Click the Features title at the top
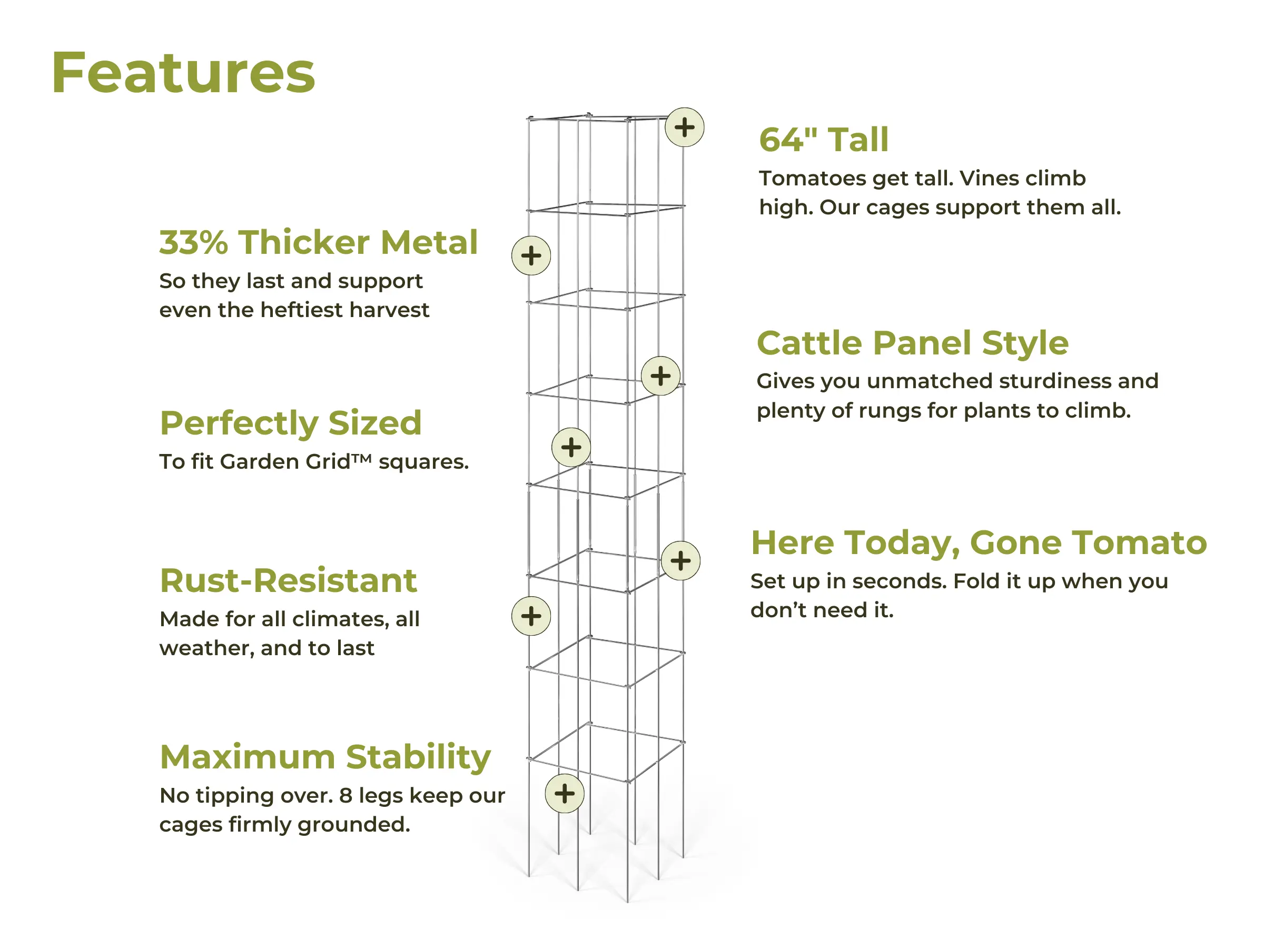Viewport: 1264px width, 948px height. tap(183, 73)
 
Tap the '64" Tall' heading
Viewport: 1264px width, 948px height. tap(823, 140)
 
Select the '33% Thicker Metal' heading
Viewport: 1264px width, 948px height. tap(318, 242)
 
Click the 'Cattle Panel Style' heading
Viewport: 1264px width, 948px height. tap(912, 343)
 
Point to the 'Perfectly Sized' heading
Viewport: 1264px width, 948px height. tap(290, 423)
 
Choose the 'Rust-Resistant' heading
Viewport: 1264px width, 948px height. tap(288, 580)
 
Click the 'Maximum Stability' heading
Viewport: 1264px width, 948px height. tap(325, 757)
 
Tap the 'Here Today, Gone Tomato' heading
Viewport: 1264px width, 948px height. tap(979, 542)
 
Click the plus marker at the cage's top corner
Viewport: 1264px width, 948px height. tap(684, 127)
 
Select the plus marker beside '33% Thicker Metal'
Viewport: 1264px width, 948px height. tap(531, 255)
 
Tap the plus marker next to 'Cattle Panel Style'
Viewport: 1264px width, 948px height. tap(660, 376)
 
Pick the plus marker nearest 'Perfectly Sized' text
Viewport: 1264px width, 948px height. tap(571, 447)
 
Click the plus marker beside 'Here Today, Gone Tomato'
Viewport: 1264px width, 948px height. tap(680, 560)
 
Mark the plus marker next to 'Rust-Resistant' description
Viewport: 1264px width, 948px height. tap(531, 616)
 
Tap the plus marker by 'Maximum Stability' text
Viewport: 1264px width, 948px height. tap(565, 793)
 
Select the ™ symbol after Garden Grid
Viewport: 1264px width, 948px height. tap(361, 458)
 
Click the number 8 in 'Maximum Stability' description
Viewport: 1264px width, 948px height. tap(345, 795)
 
